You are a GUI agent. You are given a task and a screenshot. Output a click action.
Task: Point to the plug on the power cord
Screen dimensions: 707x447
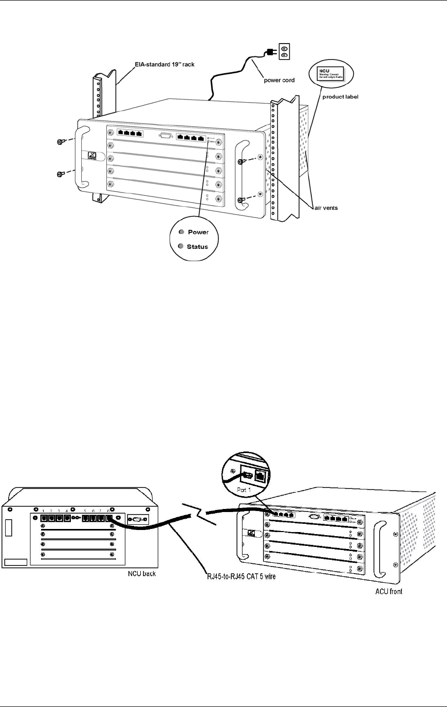[x=270, y=51]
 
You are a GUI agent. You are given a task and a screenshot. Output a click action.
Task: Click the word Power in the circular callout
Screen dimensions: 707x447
[x=198, y=232]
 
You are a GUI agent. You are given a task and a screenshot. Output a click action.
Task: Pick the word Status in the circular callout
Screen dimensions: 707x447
[x=197, y=247]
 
